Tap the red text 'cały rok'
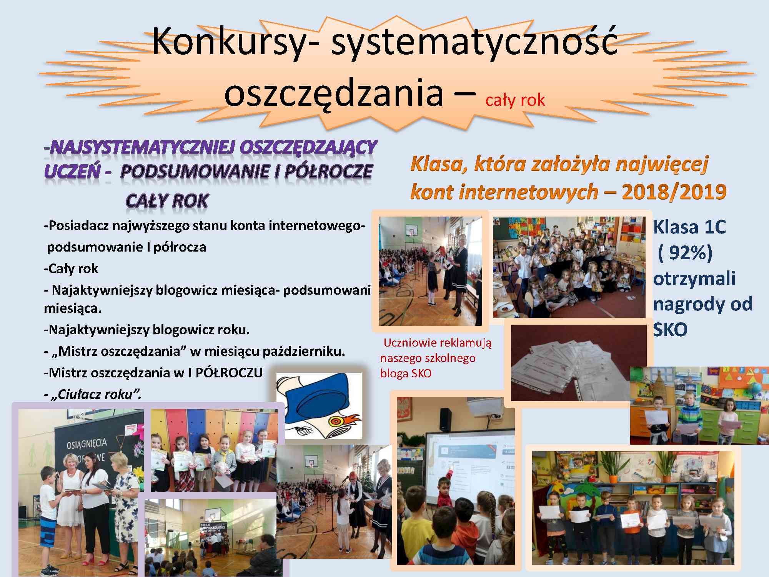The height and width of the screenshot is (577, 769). click(515, 100)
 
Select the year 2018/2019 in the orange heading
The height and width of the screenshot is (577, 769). click(674, 192)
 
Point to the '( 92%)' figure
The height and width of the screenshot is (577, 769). click(685, 253)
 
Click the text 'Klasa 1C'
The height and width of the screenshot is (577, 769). click(689, 227)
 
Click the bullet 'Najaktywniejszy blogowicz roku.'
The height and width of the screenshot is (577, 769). click(147, 330)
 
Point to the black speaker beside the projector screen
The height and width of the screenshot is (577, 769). click(446, 420)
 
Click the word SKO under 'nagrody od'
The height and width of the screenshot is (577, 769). click(670, 330)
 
